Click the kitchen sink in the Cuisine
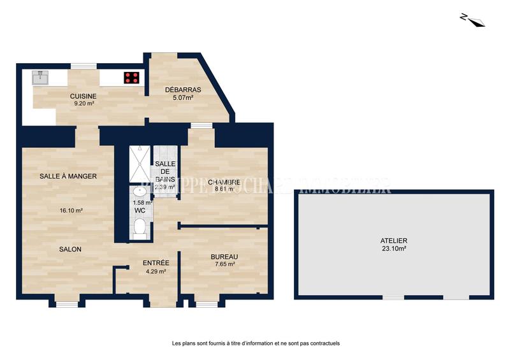(x=40, y=77)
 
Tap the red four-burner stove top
(x=132, y=78)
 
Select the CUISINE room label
(x=83, y=96)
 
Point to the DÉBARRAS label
(x=183, y=90)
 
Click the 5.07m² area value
(x=183, y=98)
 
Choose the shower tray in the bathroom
(x=138, y=164)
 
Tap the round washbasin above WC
(x=139, y=192)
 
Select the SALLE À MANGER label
(x=68, y=176)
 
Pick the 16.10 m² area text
(x=70, y=210)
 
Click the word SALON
(x=70, y=249)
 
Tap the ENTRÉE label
(x=156, y=263)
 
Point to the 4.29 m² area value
(x=156, y=271)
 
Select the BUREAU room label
(x=224, y=257)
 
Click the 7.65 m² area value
(x=224, y=264)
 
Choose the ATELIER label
(x=393, y=241)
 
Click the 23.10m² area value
(x=393, y=249)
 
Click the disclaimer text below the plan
(x=256, y=343)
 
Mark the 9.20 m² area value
(x=83, y=103)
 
